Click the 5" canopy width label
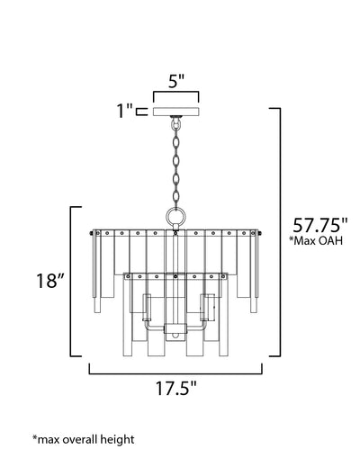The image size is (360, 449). pyautogui.click(x=175, y=81)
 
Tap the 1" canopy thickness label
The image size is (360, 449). pyautogui.click(x=124, y=111)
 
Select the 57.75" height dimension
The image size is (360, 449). pyautogui.click(x=320, y=225)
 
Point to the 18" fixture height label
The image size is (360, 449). pyautogui.click(x=50, y=281)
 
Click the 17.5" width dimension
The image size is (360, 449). pyautogui.click(x=175, y=388)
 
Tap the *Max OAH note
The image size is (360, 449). pyautogui.click(x=316, y=241)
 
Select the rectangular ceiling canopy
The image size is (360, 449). pyautogui.click(x=176, y=112)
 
